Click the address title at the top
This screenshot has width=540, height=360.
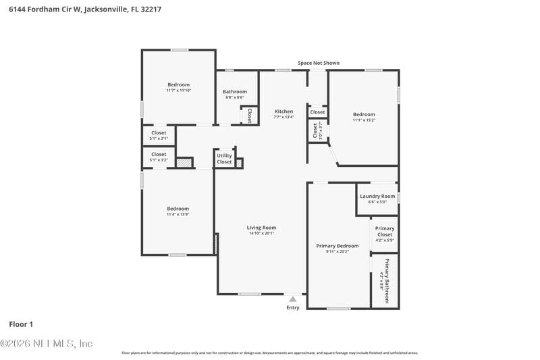pyautogui.click(x=85, y=10)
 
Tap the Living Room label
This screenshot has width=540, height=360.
pyautogui.click(x=261, y=228)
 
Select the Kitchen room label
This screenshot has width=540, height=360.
pyautogui.click(x=283, y=111)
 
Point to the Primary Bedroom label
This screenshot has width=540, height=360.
pyautogui.click(x=337, y=246)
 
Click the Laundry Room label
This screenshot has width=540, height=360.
pyautogui.click(x=377, y=196)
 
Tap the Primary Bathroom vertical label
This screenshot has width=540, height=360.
pyautogui.click(x=387, y=281)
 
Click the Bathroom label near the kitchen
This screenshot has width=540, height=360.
pyautogui.click(x=235, y=91)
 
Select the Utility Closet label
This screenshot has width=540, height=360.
pyautogui.click(x=224, y=159)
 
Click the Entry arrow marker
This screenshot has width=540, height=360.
pyautogui.click(x=292, y=297)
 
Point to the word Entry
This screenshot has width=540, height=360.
pyautogui.click(x=292, y=307)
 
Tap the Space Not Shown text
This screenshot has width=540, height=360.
pyautogui.click(x=319, y=63)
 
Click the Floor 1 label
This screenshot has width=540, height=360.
pyautogui.click(x=21, y=324)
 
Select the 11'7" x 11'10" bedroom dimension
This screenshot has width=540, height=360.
pyautogui.click(x=178, y=90)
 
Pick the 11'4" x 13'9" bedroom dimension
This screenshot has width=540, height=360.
pyautogui.click(x=178, y=214)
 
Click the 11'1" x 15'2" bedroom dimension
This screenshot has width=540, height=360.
pyautogui.click(x=364, y=120)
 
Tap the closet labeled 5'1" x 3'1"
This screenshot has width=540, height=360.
pyautogui.click(x=159, y=138)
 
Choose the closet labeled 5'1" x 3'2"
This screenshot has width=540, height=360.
pyautogui.click(x=159, y=160)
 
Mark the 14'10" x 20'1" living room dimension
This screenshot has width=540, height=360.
pyautogui.click(x=261, y=234)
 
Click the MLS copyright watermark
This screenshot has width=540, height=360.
pyautogui.click(x=47, y=343)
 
